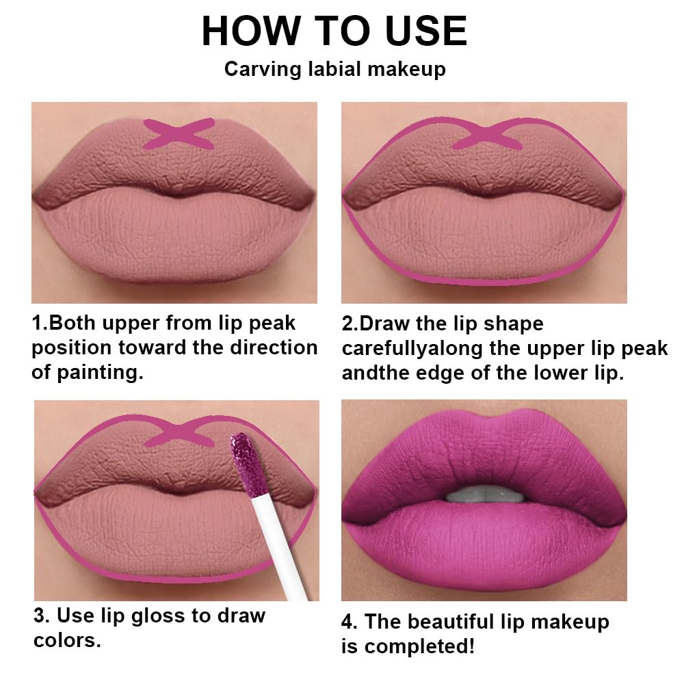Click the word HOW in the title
(x=250, y=31)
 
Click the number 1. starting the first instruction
(x=40, y=322)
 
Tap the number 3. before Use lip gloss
(x=42, y=616)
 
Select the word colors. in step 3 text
(x=67, y=641)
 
